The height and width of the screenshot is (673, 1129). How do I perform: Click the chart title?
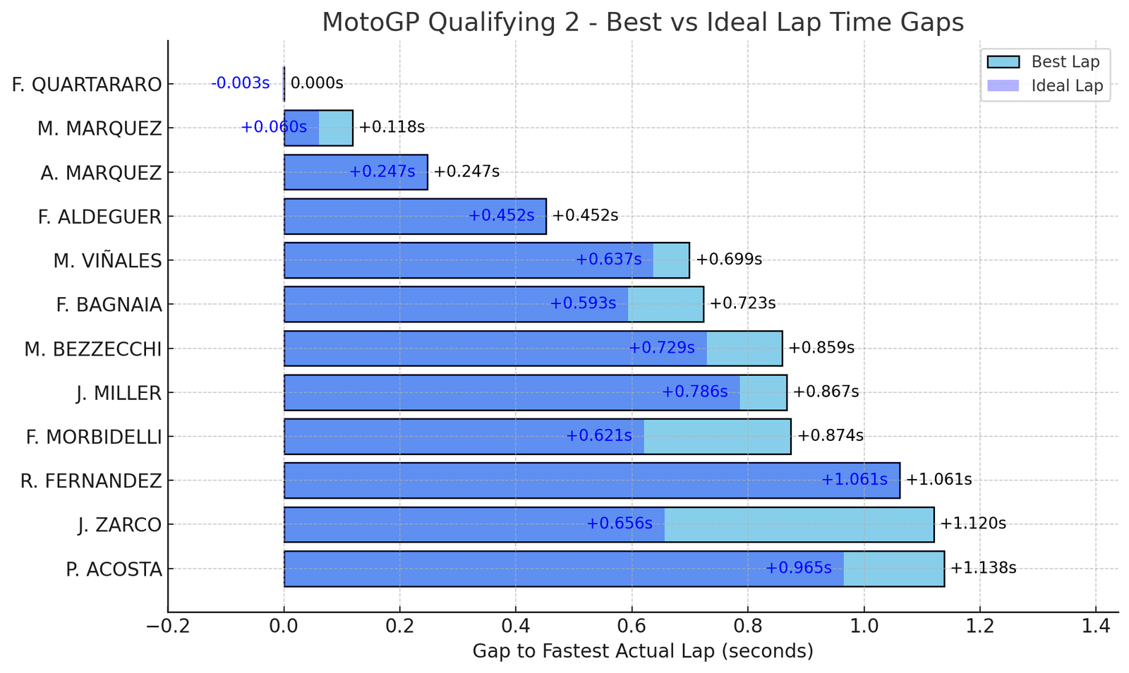coord(643,23)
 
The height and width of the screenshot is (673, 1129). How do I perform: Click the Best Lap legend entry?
coord(1065,62)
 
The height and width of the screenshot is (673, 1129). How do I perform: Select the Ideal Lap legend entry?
coord(1066,86)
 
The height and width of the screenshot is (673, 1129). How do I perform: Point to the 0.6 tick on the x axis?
coord(632,626)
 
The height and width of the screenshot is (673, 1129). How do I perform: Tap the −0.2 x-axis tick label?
coord(167,626)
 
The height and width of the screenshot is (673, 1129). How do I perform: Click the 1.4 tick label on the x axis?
coord(1095,626)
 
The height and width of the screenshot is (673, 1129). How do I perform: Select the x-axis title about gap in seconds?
coord(643,651)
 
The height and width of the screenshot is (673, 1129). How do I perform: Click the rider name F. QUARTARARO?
coord(87,85)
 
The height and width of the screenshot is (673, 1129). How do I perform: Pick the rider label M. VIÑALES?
coord(107,261)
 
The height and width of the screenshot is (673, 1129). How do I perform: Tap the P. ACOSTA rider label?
coord(114,569)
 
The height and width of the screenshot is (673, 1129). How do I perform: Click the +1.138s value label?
coord(983,568)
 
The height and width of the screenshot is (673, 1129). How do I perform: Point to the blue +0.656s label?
coord(620,523)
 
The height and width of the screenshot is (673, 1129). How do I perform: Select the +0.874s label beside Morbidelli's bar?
coord(831,435)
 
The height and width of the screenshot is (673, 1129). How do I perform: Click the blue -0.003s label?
coord(240,83)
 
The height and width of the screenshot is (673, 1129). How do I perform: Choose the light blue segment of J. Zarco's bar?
coord(799,524)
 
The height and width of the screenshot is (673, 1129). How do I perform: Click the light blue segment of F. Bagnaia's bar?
coord(665,304)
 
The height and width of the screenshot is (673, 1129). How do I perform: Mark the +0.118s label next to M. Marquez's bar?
coord(392,127)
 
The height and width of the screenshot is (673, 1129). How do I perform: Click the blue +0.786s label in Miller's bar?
coord(694,392)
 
